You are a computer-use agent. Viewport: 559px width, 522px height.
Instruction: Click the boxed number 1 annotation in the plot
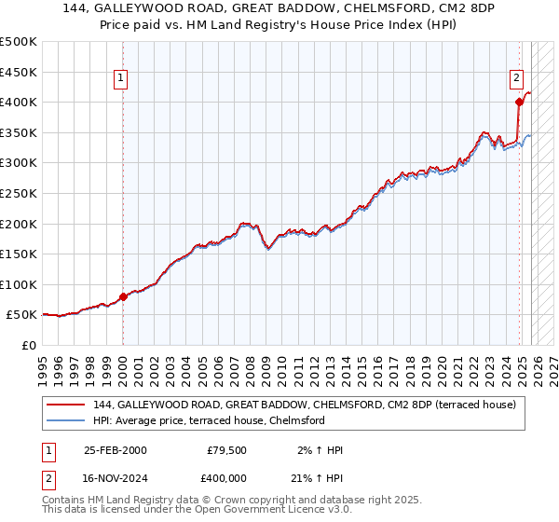pos(122,79)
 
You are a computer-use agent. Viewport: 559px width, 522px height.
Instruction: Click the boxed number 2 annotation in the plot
pos(516,79)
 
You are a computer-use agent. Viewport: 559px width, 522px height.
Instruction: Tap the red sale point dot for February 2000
pos(123,297)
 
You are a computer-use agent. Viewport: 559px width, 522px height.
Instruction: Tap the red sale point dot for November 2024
pos(519,103)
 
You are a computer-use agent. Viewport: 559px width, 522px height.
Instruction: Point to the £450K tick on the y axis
pos(19,72)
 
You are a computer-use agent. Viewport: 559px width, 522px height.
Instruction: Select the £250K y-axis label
pos(19,194)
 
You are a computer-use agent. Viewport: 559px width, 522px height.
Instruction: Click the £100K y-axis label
pos(19,285)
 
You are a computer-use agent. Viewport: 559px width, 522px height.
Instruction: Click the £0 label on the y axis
pos(29,346)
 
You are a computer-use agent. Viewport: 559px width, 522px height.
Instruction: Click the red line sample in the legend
pos(65,405)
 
